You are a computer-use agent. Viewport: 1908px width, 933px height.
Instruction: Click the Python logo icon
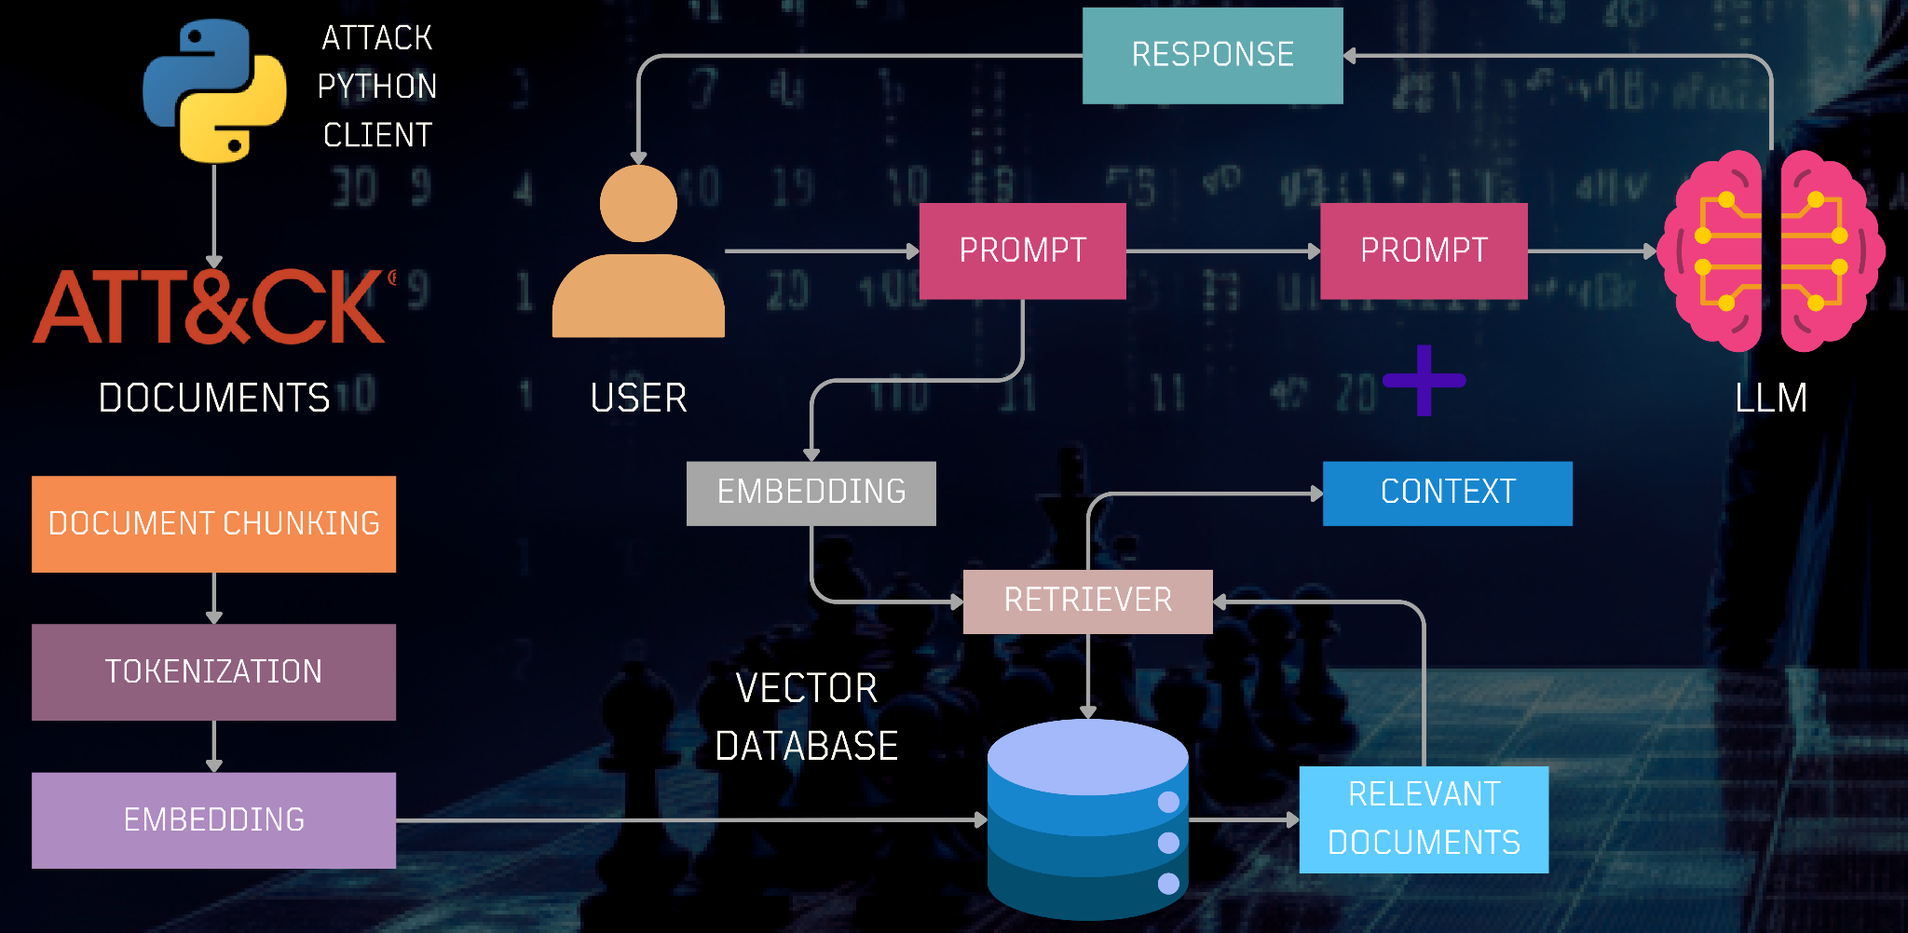(x=214, y=90)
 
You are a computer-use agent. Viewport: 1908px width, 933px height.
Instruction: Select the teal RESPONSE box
(x=1212, y=55)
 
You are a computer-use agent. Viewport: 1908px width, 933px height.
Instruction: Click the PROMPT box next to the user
(x=1022, y=250)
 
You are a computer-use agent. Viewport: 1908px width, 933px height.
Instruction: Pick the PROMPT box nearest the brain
(x=1424, y=250)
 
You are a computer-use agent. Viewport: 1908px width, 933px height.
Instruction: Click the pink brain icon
(x=1771, y=251)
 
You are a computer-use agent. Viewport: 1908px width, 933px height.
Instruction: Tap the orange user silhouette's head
(x=638, y=204)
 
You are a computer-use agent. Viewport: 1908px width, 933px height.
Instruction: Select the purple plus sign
(x=1424, y=380)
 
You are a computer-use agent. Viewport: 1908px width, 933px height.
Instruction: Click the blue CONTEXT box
(x=1447, y=493)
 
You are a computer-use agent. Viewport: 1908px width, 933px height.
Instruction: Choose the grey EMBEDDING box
(x=811, y=493)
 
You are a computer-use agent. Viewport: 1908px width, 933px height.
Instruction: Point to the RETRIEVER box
(x=1087, y=601)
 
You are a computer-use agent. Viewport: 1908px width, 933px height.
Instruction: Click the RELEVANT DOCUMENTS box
(x=1424, y=819)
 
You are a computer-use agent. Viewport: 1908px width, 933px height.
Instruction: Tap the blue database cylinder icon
(x=1087, y=819)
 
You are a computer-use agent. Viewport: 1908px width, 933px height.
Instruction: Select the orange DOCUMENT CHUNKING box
(x=213, y=523)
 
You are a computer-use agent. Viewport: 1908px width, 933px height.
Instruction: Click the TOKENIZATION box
(x=213, y=671)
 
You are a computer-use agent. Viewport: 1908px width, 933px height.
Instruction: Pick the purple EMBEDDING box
(x=213, y=819)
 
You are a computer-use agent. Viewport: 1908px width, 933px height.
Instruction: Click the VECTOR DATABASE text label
(x=807, y=717)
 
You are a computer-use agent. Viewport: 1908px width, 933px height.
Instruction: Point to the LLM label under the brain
(x=1770, y=399)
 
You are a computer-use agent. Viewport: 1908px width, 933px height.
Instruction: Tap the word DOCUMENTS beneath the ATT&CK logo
(x=214, y=399)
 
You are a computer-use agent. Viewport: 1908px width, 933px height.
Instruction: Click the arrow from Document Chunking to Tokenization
(x=214, y=598)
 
